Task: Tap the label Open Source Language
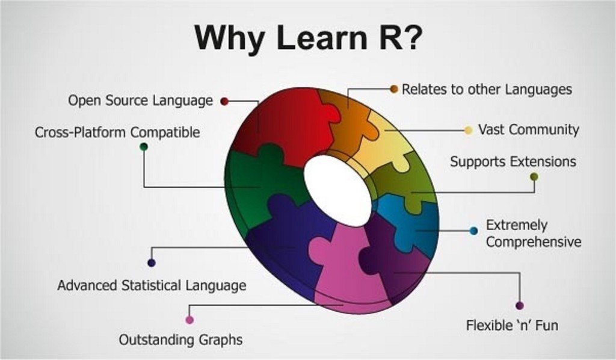(140, 101)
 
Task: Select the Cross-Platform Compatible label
(117, 132)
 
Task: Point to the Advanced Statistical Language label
(152, 285)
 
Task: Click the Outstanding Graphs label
(180, 340)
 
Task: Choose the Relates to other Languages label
(487, 90)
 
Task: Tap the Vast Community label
(528, 129)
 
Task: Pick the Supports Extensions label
(513, 162)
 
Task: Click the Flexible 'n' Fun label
(512, 326)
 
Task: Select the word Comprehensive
(534, 242)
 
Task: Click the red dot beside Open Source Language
(224, 101)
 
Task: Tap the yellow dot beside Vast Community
(468, 130)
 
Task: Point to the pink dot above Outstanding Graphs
(189, 320)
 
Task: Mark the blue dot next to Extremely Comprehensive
(473, 231)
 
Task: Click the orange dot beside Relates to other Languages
(394, 89)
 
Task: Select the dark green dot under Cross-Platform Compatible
(143, 146)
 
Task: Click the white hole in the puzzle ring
(337, 190)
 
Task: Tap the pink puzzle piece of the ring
(346, 265)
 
